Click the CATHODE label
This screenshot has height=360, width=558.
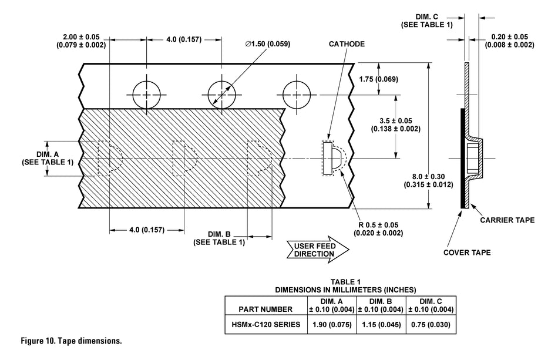pyautogui.click(x=347, y=44)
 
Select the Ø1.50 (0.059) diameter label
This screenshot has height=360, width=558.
pyautogui.click(x=268, y=44)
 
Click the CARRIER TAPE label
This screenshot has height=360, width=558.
pyautogui.click(x=507, y=220)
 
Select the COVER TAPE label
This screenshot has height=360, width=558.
pyautogui.click(x=467, y=253)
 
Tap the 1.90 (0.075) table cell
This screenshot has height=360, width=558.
pyautogui.click(x=332, y=324)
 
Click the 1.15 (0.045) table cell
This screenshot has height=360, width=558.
pyautogui.click(x=381, y=324)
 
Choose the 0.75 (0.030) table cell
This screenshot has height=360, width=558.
pyautogui.click(x=430, y=324)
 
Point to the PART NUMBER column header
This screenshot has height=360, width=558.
pyautogui.click(x=265, y=309)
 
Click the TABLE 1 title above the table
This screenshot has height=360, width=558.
pyautogui.click(x=346, y=282)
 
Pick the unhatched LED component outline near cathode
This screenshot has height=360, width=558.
pyautogui.click(x=332, y=159)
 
